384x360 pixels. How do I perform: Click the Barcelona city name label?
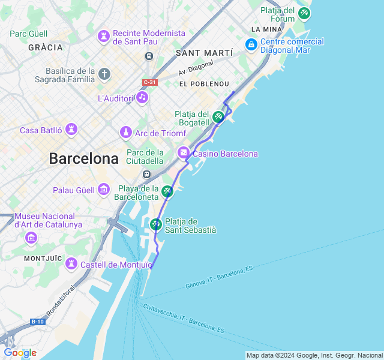point(83,159)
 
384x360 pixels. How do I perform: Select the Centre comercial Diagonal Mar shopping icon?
point(251,45)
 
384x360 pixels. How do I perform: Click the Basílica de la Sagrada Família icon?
point(104,74)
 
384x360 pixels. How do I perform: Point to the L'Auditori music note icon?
point(142,97)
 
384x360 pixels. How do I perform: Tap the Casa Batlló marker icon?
point(71,130)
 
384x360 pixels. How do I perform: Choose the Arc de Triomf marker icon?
point(125,131)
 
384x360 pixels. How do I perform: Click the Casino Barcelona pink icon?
point(184,154)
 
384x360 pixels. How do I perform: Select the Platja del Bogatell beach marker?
point(218,117)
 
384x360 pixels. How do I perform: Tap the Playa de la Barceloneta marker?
point(167,191)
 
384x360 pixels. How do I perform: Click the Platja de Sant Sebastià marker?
point(156,224)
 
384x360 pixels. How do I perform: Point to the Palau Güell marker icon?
point(104,190)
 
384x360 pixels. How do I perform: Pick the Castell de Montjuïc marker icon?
point(71,264)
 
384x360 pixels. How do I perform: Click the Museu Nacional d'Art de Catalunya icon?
point(31,238)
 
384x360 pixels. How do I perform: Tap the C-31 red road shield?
point(150,82)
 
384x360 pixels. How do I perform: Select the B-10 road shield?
point(38,322)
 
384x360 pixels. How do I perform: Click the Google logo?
point(20,353)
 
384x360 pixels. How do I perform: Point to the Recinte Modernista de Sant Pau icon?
point(104,37)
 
